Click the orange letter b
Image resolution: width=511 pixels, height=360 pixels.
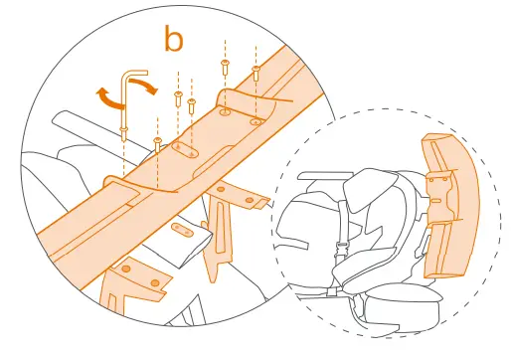[174, 40]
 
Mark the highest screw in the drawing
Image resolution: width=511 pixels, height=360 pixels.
[226, 65]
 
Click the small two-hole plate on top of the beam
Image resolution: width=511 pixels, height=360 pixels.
[185, 150]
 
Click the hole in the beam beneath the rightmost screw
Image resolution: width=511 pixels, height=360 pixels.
[255, 120]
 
